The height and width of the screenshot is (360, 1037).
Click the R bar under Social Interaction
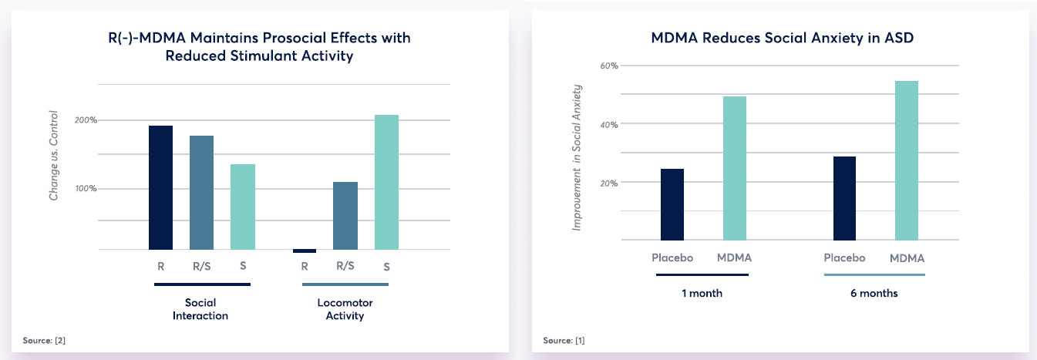pyautogui.click(x=160, y=187)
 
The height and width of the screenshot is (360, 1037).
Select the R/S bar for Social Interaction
pyautogui.click(x=201, y=193)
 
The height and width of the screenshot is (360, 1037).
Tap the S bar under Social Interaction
pyautogui.click(x=242, y=207)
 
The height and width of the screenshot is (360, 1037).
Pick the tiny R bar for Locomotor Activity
pyautogui.click(x=305, y=251)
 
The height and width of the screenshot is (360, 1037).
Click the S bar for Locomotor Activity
pyautogui.click(x=386, y=182)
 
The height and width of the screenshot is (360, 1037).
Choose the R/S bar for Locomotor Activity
pyautogui.click(x=345, y=216)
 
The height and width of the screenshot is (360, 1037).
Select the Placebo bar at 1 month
pyautogui.click(x=672, y=204)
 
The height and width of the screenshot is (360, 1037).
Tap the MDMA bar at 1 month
pyautogui.click(x=735, y=168)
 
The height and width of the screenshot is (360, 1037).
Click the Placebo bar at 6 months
pyautogui.click(x=844, y=198)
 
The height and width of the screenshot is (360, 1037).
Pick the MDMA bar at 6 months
pyautogui.click(x=907, y=160)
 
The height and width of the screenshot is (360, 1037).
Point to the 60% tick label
pyautogui.click(x=609, y=66)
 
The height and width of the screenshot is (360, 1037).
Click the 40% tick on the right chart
pyautogui.click(x=609, y=124)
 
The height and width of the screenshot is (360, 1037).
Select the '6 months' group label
pyautogui.click(x=874, y=294)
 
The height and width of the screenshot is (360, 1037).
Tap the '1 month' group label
pyautogui.click(x=702, y=294)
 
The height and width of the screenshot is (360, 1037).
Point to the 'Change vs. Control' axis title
pyautogui.click(x=54, y=156)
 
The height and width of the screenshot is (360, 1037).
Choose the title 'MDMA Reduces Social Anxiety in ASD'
pyautogui.click(x=782, y=36)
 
